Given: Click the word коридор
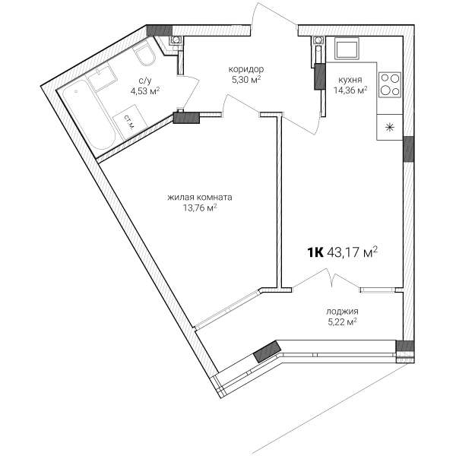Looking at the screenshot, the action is click(246, 69).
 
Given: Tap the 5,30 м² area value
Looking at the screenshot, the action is click(246, 79).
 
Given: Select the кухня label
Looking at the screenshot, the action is click(350, 80).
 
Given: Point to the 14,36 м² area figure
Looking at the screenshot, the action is click(350, 90).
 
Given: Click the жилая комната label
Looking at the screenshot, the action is click(199, 198).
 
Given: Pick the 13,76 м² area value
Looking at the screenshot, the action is click(199, 207).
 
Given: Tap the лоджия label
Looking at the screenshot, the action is click(342, 312).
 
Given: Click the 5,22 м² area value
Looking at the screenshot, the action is click(342, 322).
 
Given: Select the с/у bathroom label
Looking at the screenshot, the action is click(145, 81).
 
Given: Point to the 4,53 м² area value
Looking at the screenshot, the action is click(145, 91).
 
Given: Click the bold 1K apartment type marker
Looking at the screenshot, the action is click(315, 252).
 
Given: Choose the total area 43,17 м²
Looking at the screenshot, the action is click(352, 252).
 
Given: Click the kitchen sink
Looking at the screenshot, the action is click(347, 49).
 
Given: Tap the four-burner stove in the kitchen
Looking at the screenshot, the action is click(390, 84).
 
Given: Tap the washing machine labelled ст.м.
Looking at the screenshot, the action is click(130, 122).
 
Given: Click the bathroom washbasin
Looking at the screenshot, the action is click(103, 77).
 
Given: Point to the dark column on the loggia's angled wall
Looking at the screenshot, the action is click(268, 351).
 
